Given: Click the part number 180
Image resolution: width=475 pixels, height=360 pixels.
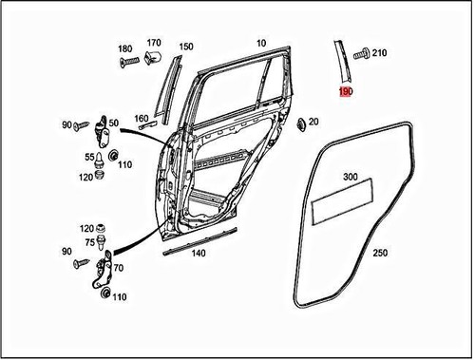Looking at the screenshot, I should pos(125,48).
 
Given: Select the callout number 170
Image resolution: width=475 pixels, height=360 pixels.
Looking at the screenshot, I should pos(154,43).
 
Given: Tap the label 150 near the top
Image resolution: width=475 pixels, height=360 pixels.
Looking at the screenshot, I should pos(186,47).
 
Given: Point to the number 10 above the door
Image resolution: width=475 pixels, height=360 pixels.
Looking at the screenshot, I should pos(261,43).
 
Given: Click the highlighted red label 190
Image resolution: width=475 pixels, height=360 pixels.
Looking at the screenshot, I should pos(346,92).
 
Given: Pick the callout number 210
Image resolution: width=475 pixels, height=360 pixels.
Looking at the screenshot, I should pos(380,53).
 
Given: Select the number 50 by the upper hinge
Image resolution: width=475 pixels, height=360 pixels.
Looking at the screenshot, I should pos(113,123).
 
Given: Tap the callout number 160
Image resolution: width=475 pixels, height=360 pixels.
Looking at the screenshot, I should pos(142,119).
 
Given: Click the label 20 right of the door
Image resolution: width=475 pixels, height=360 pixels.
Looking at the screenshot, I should pos(313,122).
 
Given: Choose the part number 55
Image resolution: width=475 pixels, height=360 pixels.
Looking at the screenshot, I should pos(89,157).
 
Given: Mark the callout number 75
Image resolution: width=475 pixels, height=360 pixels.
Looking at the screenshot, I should pos(88,242).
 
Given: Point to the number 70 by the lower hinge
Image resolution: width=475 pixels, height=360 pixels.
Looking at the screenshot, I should pos(119,269).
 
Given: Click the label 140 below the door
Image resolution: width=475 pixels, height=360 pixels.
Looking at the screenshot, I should pos(197,255).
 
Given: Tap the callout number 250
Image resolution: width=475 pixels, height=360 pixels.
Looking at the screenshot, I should pos(380,255).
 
